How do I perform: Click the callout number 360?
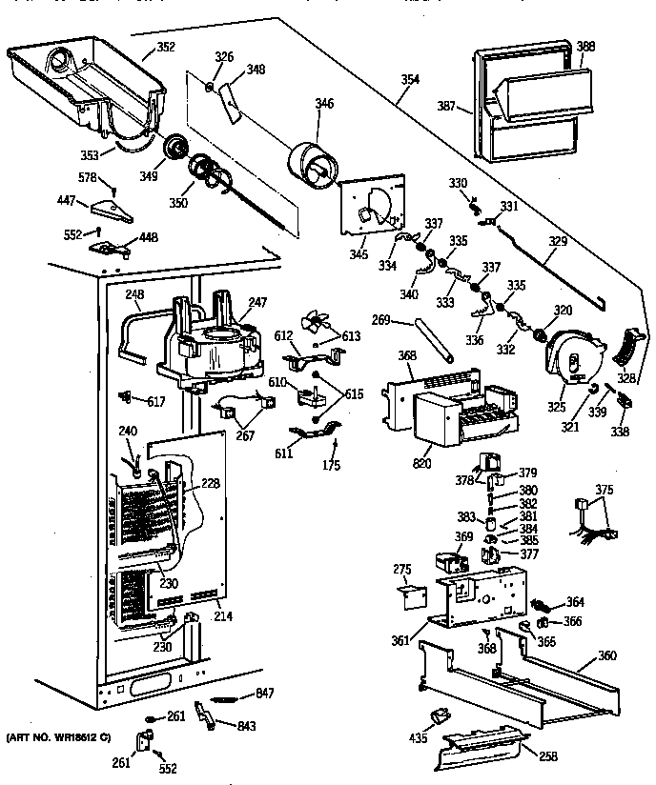(606, 655)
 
